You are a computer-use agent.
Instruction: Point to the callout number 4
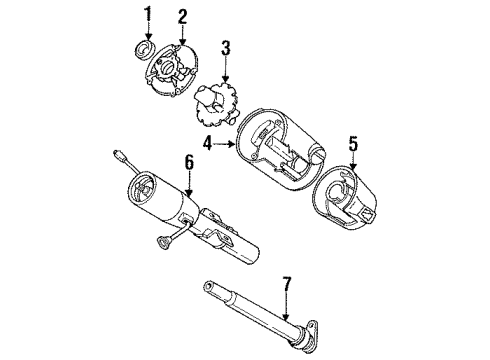coord(209,143)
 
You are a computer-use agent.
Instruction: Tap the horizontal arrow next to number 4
coord(226,143)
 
